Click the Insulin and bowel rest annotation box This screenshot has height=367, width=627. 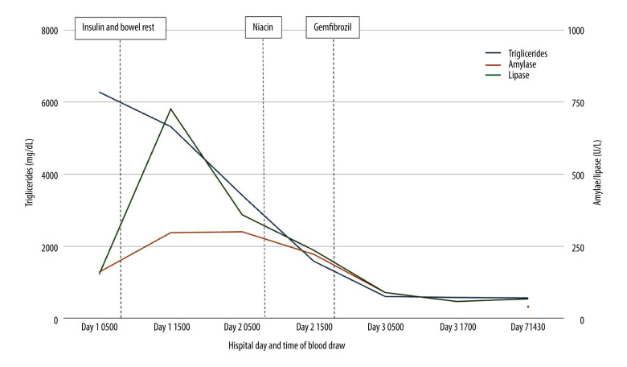point(121,28)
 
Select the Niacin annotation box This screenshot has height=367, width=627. point(264,27)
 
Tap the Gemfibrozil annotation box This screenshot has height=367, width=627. point(333,27)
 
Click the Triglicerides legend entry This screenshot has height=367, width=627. point(516,54)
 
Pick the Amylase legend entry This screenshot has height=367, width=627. point(510,64)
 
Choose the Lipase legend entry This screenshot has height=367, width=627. point(507,75)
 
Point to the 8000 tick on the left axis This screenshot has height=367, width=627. point(50,31)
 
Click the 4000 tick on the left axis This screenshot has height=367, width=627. point(50,175)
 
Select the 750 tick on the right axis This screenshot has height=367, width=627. point(576,103)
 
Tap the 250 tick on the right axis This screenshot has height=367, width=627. point(576,248)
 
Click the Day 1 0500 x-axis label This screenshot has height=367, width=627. point(100,328)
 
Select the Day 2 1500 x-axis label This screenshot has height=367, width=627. point(314,328)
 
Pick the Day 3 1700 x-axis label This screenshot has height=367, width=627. point(458,328)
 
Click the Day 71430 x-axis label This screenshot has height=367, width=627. point(528,328)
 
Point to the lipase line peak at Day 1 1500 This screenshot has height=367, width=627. point(170,109)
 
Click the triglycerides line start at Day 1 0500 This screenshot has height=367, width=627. point(100,93)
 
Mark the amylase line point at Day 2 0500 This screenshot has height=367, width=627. point(242,232)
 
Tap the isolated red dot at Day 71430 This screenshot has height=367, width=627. point(528,307)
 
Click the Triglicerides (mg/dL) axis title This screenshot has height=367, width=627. point(29,173)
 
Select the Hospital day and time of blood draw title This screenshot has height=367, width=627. point(287,345)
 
